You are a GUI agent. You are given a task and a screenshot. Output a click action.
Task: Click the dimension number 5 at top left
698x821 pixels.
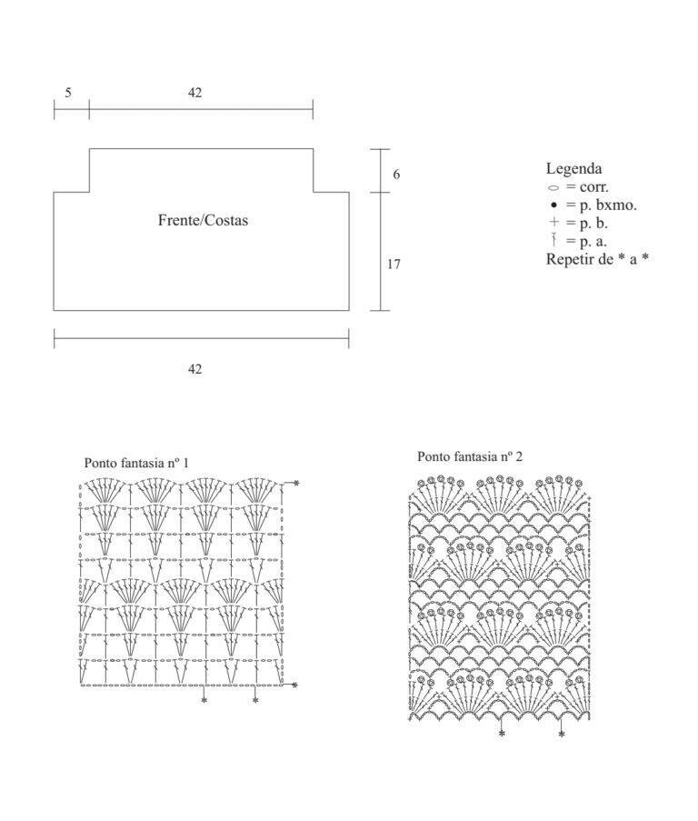(x=68, y=93)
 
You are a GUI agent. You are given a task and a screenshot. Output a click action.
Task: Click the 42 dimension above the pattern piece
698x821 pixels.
(x=194, y=93)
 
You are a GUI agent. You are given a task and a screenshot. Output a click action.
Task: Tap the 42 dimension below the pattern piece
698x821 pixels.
(x=194, y=369)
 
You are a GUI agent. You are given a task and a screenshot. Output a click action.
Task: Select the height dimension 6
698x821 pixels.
(x=396, y=175)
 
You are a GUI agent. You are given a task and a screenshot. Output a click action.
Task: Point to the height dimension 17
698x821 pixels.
(x=394, y=265)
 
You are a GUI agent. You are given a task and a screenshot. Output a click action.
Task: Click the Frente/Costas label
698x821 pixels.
(x=203, y=220)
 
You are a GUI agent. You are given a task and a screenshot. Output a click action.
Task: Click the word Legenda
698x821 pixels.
(x=574, y=168)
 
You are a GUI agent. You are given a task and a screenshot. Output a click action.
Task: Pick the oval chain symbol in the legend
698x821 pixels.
(x=553, y=187)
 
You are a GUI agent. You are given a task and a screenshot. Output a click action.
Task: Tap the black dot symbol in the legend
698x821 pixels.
(x=553, y=205)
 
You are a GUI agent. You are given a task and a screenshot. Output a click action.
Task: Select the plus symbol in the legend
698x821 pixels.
(x=554, y=222)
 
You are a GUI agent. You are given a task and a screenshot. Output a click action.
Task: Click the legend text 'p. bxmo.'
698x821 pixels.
(x=608, y=205)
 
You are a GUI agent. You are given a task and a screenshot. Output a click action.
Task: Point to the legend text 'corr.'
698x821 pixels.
(x=593, y=187)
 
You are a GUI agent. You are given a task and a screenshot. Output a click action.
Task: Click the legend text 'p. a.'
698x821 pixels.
(x=593, y=242)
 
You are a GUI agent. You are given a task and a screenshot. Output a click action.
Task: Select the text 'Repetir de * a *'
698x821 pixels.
(x=597, y=258)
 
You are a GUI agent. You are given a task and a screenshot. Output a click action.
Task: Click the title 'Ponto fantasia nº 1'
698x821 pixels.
(x=136, y=463)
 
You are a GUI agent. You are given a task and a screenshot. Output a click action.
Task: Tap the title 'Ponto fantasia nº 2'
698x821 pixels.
(x=469, y=456)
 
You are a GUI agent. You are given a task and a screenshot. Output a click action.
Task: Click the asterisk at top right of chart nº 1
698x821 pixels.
(x=296, y=483)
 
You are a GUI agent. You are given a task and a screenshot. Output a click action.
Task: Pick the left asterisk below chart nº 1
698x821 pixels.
(x=204, y=700)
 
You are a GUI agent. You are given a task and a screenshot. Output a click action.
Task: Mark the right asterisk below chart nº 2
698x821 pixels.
(x=562, y=734)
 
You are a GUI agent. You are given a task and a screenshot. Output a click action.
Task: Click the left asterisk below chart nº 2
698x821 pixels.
(x=502, y=734)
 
